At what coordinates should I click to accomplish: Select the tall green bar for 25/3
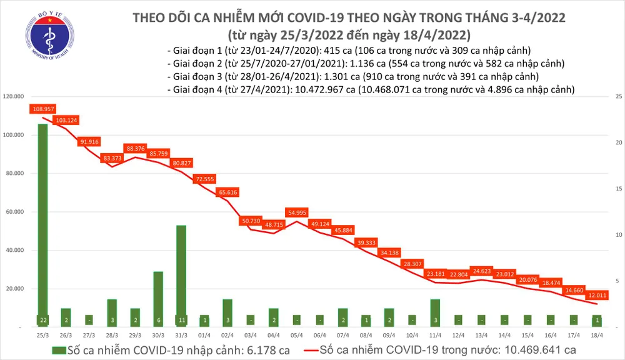pos(42,225)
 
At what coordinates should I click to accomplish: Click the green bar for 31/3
pos(181,275)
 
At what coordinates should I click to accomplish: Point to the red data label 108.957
pos(42,109)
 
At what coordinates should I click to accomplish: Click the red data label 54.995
pos(297,213)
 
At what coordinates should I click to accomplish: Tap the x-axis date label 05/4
pos(297,336)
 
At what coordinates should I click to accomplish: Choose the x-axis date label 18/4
pos(596,336)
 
